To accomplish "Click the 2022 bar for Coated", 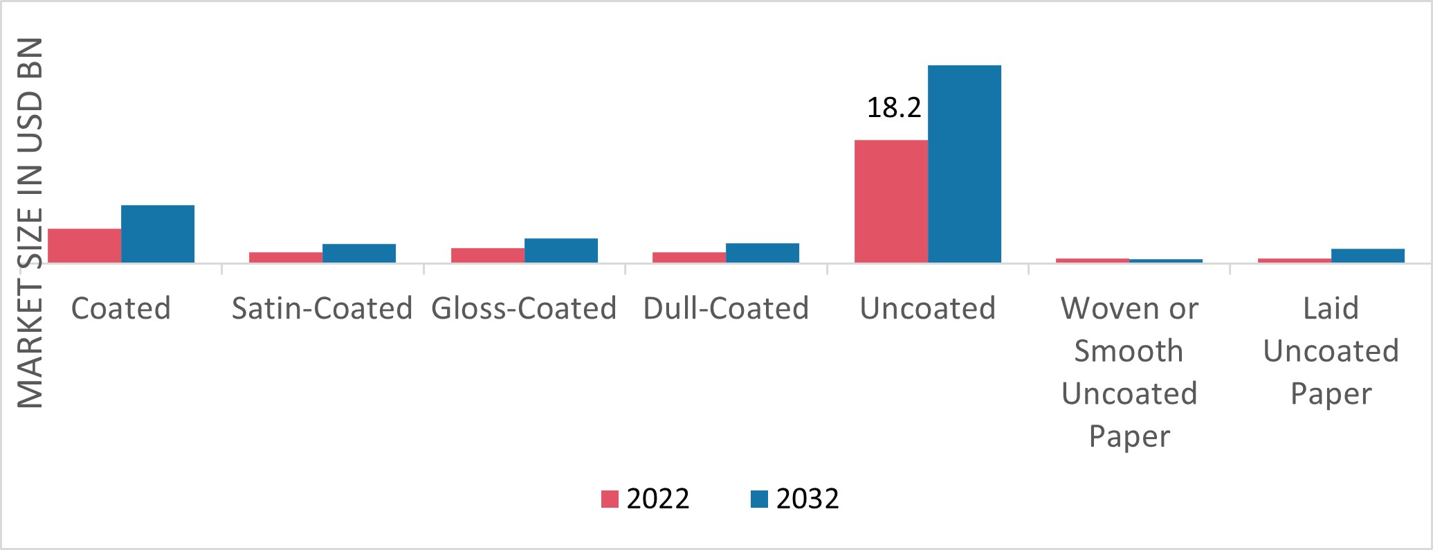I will point(84,245).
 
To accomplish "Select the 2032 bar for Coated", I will point(158,233).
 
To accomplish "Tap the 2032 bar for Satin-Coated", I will point(359,253).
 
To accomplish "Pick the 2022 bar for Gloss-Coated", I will point(488,255).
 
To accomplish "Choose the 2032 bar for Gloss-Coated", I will point(561,250).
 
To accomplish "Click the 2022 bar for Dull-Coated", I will point(689,257).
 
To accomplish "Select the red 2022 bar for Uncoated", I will point(891,201).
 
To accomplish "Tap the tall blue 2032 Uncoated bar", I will point(965,163).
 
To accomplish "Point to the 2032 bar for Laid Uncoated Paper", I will point(1368,256).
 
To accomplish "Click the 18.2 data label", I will point(894,108).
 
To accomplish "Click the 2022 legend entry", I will point(646,499).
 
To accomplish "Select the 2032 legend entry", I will point(795,499).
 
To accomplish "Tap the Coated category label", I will point(121,308).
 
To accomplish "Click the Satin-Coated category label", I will point(322,308).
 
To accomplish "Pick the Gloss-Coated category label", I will point(524,308).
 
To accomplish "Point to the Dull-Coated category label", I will point(726,308).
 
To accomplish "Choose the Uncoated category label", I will point(927,308).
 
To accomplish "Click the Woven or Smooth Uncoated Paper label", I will point(1129,372).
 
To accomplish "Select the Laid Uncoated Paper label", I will point(1331,351).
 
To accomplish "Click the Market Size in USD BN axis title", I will point(30,222).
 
